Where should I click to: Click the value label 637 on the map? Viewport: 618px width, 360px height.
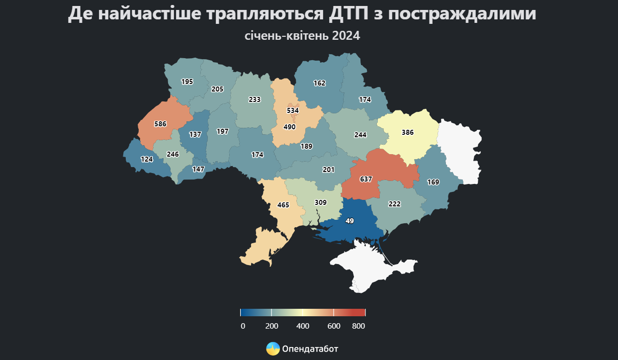pyautogui.click(x=366, y=179)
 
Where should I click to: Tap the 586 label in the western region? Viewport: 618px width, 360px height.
pyautogui.click(x=160, y=124)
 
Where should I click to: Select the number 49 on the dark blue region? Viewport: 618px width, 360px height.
pyautogui.click(x=350, y=221)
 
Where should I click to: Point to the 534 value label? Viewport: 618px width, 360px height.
pyautogui.click(x=293, y=110)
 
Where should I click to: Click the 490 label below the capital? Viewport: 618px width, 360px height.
pyautogui.click(x=289, y=127)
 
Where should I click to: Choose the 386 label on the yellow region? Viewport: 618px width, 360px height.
pyautogui.click(x=408, y=133)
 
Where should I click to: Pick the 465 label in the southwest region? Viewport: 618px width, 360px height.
pyautogui.click(x=283, y=205)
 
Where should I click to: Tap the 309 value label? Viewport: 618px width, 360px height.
pyautogui.click(x=321, y=203)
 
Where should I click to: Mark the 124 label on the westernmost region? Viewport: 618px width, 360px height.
pyautogui.click(x=147, y=160)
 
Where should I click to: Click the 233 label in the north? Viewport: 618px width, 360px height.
pyautogui.click(x=255, y=99)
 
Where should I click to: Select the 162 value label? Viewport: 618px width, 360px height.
pyautogui.click(x=319, y=83)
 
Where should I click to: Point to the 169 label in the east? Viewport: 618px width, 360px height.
pyautogui.click(x=433, y=182)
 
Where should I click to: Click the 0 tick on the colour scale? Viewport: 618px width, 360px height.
pyautogui.click(x=243, y=326)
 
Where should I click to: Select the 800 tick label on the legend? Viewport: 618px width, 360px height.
pyautogui.click(x=358, y=326)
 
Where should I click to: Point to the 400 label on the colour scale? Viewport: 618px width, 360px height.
pyautogui.click(x=303, y=326)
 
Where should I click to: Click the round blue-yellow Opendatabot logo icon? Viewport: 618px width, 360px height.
pyautogui.click(x=273, y=349)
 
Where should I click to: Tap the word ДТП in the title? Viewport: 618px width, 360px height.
pyautogui.click(x=350, y=14)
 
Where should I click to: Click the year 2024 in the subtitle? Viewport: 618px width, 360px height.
pyautogui.click(x=346, y=36)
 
